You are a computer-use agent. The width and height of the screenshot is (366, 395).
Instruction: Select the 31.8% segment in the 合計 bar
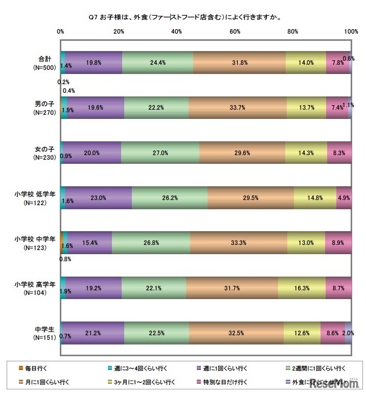coord(239,63)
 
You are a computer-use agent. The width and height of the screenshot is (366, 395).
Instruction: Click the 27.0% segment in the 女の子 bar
coord(160,153)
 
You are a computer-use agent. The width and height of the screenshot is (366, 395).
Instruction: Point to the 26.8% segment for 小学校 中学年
coord(151,242)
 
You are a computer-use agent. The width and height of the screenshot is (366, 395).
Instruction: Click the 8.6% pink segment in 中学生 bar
coord(332,332)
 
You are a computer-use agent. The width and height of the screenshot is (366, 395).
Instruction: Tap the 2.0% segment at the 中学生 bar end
coord(348,332)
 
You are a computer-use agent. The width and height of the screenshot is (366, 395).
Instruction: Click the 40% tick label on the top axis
coord(177,32)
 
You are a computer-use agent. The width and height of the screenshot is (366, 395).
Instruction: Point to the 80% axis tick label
coord(293,32)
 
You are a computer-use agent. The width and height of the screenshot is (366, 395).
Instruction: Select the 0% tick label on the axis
coord(60,32)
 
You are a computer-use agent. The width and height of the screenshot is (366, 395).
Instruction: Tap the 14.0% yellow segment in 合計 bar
coord(306,63)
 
